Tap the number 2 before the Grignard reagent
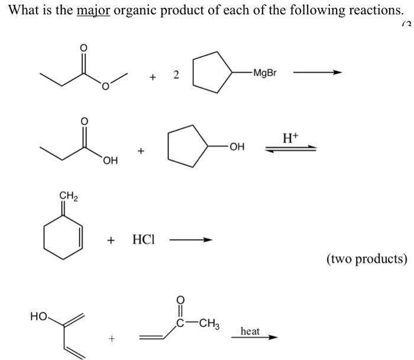coord(176,74)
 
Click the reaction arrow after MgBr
coord(318,73)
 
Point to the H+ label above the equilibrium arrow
coord(291,139)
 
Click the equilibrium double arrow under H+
coord(290,149)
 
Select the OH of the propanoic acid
coord(110,159)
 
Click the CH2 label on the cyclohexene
coord(67,195)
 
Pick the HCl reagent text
coord(144,241)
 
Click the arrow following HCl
coord(190,240)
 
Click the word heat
coord(250,331)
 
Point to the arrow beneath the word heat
coord(260,338)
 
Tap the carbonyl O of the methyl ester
coord(83,47)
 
